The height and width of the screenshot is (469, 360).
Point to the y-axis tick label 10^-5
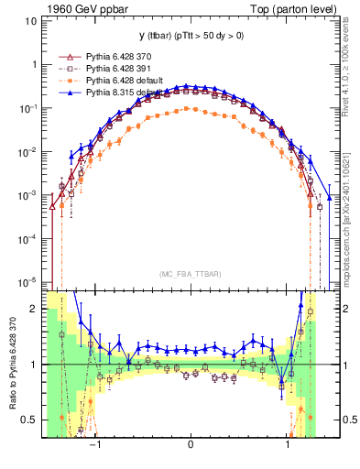(x=27, y=282)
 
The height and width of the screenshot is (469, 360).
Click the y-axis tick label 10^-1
(x=27, y=108)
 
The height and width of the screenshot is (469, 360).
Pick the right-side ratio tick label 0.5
(x=348, y=420)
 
